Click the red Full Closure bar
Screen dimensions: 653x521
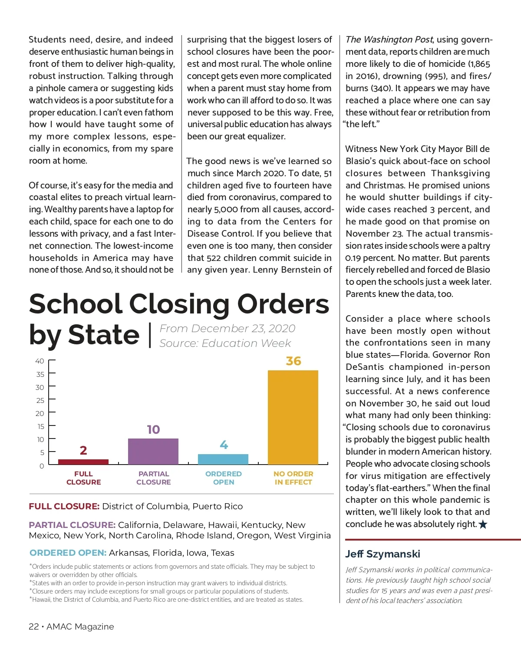(83, 462)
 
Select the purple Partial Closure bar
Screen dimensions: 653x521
(153, 452)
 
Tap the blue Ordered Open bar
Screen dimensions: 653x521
(223, 459)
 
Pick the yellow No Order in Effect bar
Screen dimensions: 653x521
(293, 417)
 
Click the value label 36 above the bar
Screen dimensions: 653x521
(293, 361)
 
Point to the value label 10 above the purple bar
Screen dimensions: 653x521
(153, 430)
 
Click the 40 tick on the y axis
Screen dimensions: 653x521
(40, 361)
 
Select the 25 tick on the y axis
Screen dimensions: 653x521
(40, 400)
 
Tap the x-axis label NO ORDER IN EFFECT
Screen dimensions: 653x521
(293, 478)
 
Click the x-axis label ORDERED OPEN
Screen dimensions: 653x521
(224, 478)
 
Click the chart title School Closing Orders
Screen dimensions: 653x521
(179, 304)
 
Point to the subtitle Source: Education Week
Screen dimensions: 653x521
(225, 343)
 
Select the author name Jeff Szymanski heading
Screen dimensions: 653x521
(383, 554)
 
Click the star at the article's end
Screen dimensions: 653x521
(483, 524)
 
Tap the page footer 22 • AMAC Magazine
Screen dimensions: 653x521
(71, 627)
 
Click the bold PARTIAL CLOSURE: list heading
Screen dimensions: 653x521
(72, 525)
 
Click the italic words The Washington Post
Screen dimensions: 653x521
(389, 40)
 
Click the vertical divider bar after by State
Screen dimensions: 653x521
(150, 335)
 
